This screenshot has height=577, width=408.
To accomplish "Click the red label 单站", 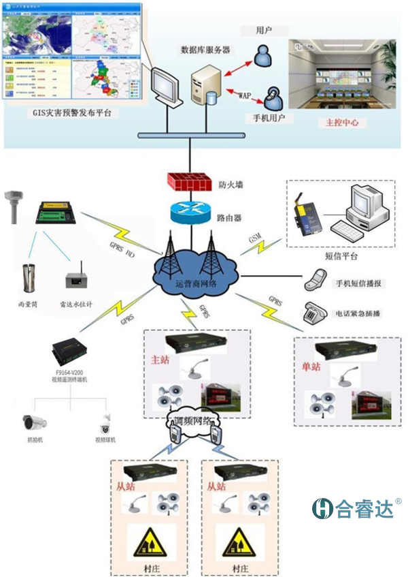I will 310,367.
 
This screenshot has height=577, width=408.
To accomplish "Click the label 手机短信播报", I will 362,283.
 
